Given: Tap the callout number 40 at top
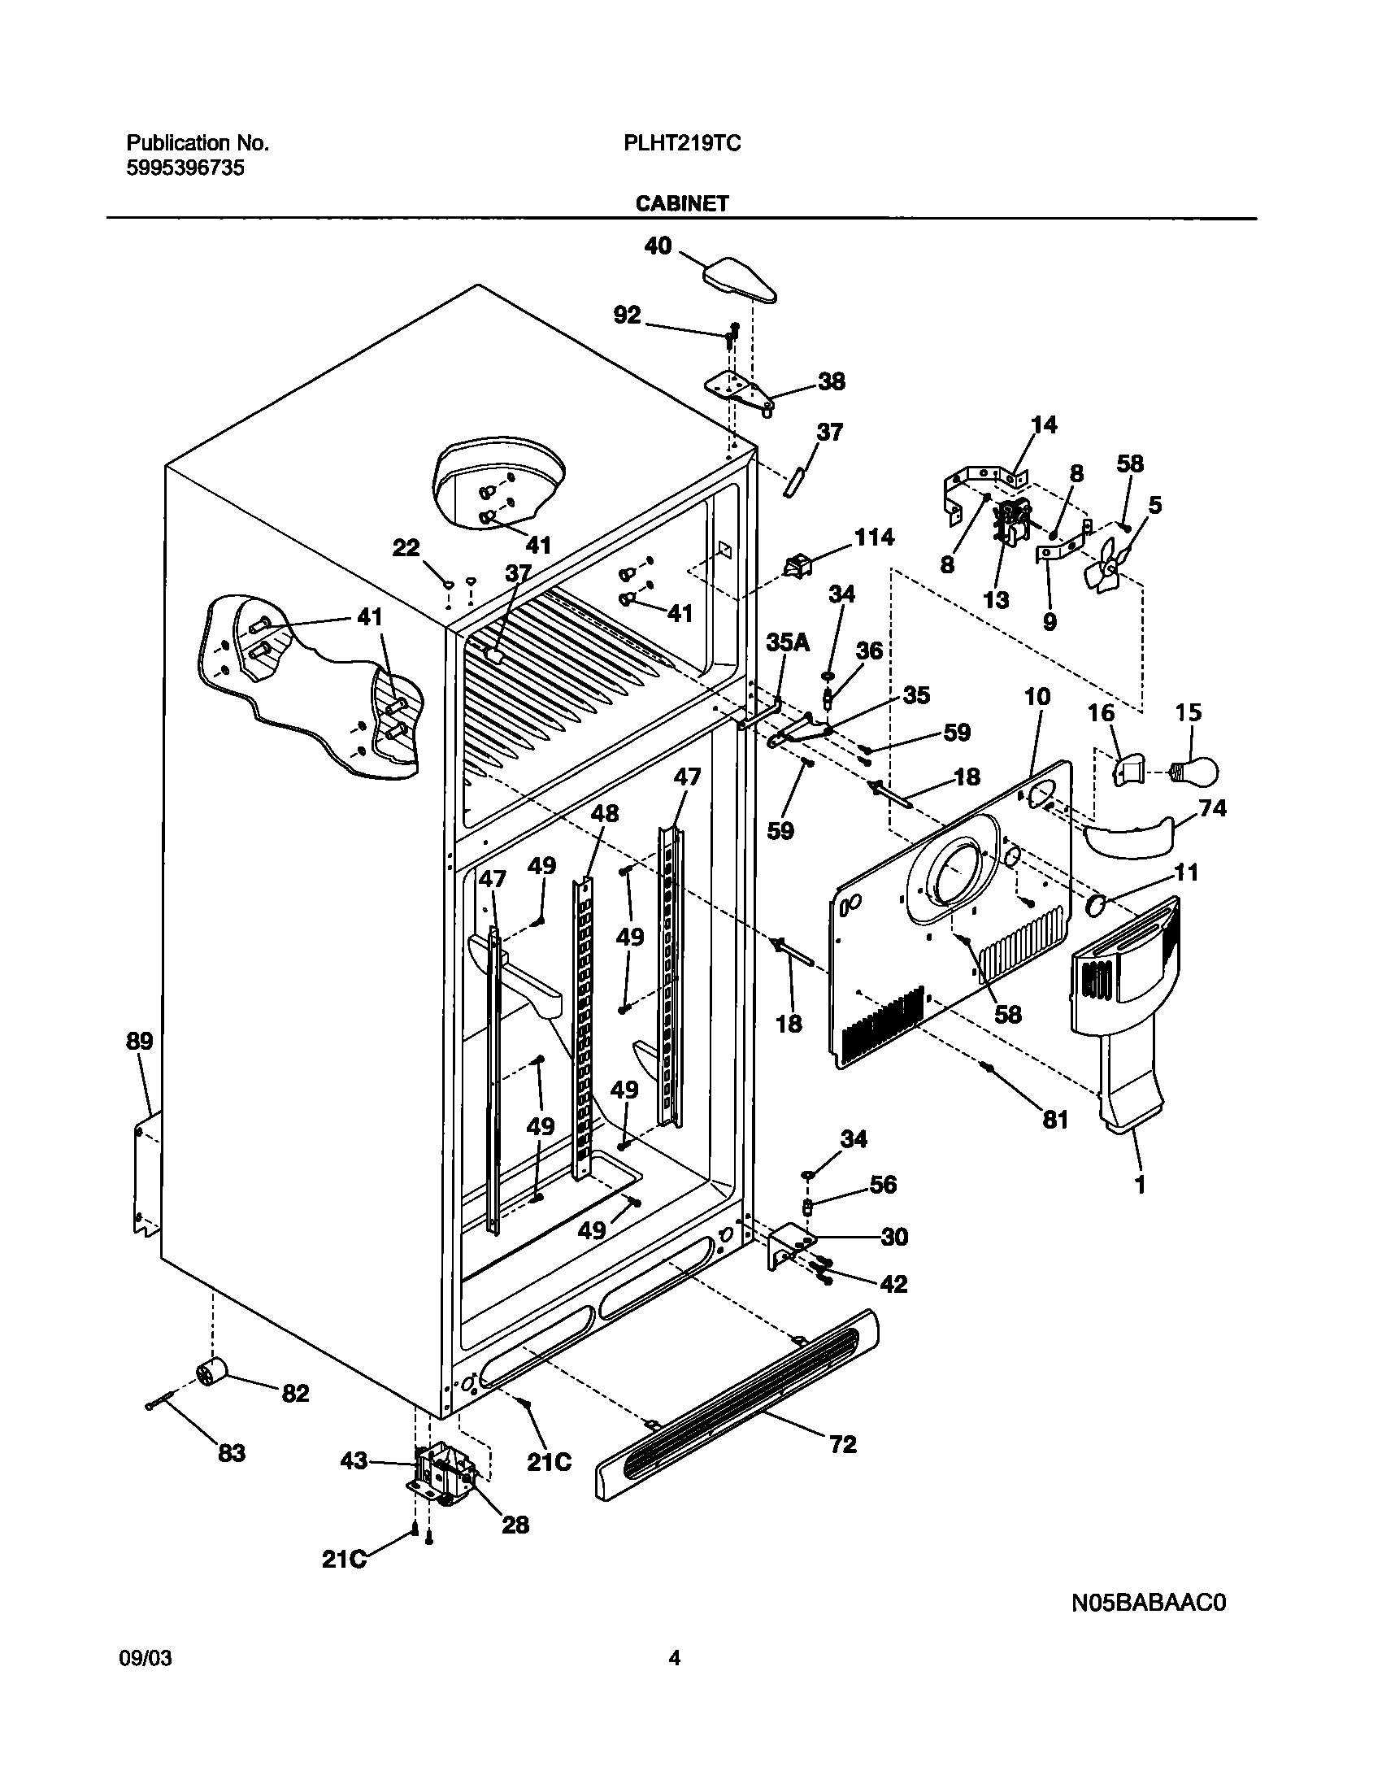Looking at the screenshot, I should pos(658,245).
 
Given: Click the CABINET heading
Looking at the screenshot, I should pos(682,203).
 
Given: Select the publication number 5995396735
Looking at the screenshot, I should pos(185,168).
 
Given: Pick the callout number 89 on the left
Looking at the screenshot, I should pos(139,1041).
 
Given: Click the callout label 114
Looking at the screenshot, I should pos(874,537).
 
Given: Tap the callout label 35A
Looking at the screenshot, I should pos(788,642).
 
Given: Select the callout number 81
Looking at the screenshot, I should pos(1054,1120).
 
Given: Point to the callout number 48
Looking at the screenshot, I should pos(604,813).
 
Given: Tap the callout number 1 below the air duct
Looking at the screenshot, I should pos(1140,1185).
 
